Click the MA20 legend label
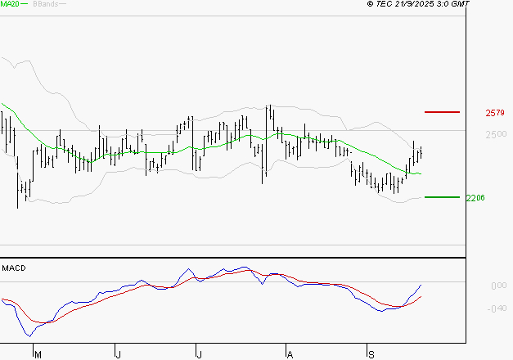pyautogui.click(x=10, y=4)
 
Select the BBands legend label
pyautogui.click(x=44, y=4)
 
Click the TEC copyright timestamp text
pyautogui.click(x=419, y=4)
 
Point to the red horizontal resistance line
pyautogui.click(x=443, y=110)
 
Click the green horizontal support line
pyautogui.click(x=443, y=197)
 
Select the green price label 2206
pyautogui.click(x=475, y=198)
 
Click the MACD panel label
pyautogui.click(x=14, y=268)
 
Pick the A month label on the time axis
pyautogui.click(x=289, y=354)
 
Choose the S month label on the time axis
pyautogui.click(x=371, y=354)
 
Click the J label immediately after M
pyautogui.click(x=118, y=354)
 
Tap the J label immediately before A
pyautogui.click(x=199, y=354)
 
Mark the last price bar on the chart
pyautogui.click(x=421, y=153)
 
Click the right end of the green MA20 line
pyautogui.click(x=421, y=174)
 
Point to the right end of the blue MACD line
pyautogui.click(x=421, y=285)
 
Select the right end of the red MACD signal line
pyautogui.click(x=421, y=296)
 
